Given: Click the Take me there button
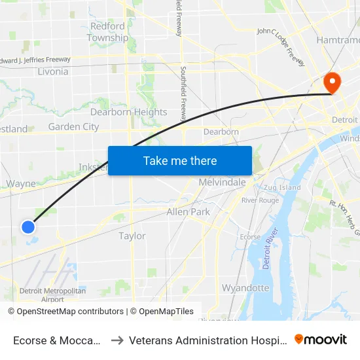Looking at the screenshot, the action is point(180,160).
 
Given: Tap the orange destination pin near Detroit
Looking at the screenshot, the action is point(333,82).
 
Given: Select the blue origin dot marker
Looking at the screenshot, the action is point(28,227).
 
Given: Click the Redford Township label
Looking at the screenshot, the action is point(107,32).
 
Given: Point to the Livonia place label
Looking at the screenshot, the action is point(53,71).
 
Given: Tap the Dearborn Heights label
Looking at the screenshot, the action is point(129,112).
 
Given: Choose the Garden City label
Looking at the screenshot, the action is point(73,127).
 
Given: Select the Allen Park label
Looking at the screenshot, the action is point(188,212).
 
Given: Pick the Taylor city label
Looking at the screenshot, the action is point(132,236).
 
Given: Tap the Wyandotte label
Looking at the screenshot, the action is point(245,287).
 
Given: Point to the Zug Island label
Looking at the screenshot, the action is point(282,187).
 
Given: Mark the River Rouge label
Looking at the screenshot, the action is point(260,200).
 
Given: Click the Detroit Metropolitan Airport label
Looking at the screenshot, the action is point(52,295).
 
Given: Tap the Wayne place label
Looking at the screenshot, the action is point(21,184).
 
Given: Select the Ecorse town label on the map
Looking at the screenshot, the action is point(250,237).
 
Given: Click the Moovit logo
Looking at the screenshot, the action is point(320,339).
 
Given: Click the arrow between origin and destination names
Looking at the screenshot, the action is point(117,340).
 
